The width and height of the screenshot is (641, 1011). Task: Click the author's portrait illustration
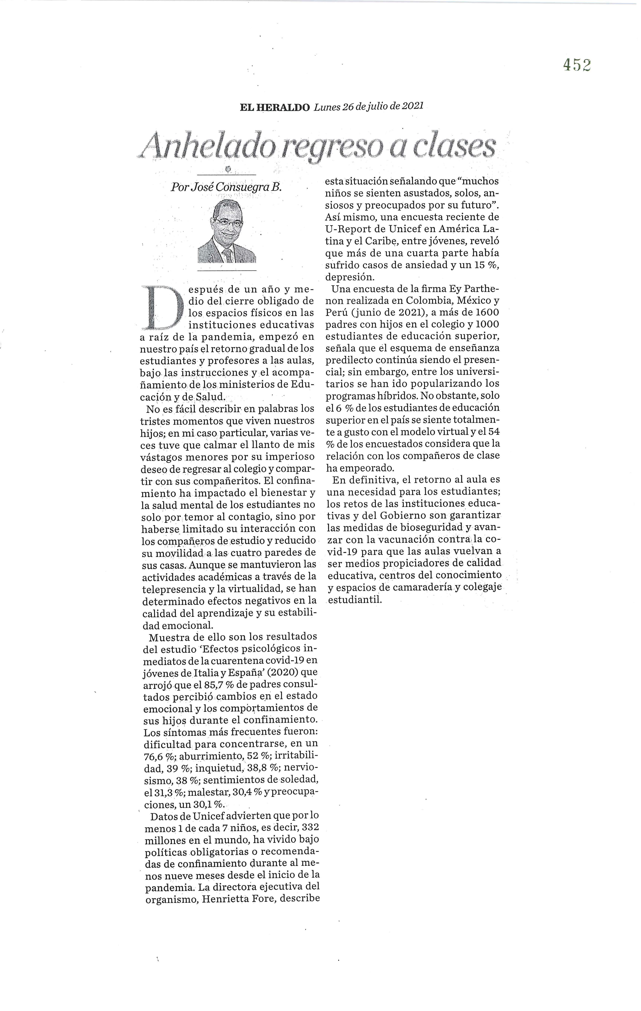pyautogui.click(x=227, y=232)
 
